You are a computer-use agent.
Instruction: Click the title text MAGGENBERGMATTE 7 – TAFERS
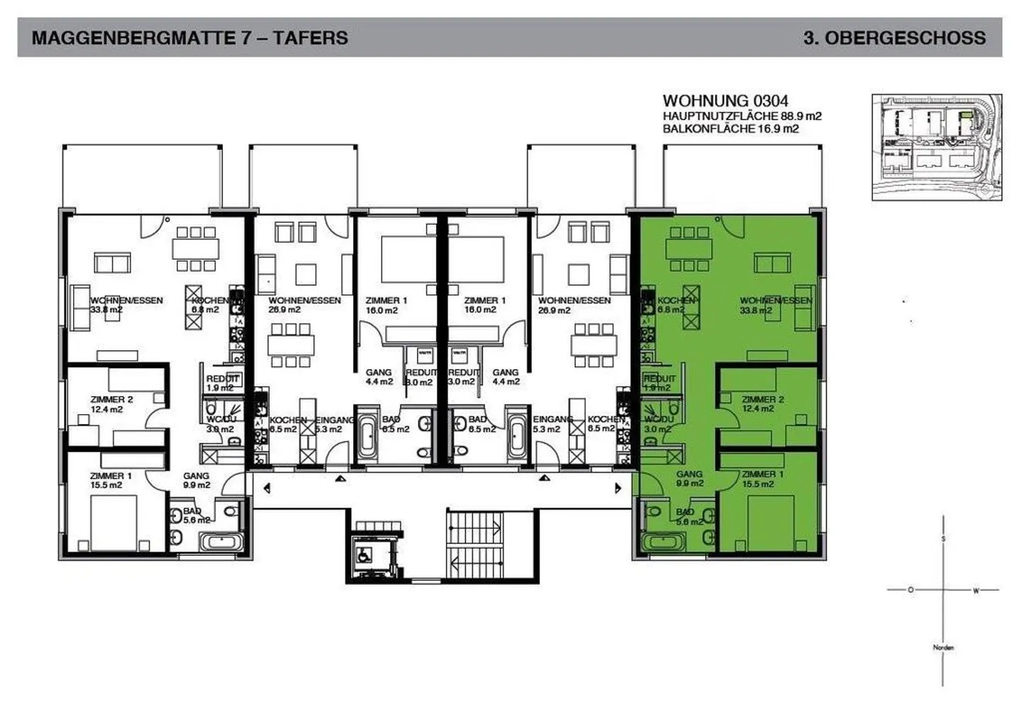click(x=189, y=38)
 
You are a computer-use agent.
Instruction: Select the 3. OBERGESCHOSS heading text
click(x=894, y=38)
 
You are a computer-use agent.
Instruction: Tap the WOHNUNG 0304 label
click(x=725, y=101)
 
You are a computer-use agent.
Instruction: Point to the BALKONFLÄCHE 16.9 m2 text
click(x=730, y=128)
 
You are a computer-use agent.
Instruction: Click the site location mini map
click(x=936, y=147)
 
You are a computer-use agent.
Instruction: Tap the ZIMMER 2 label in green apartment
click(x=762, y=403)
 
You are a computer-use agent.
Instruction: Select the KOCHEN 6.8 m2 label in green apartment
click(x=675, y=305)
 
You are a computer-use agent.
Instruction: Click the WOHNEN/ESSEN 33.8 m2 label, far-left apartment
click(x=125, y=305)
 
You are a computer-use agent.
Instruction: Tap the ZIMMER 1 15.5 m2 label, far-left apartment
click(x=111, y=480)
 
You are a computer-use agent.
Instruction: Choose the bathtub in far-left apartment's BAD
click(x=221, y=542)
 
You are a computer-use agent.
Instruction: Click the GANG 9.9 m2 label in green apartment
click(x=689, y=479)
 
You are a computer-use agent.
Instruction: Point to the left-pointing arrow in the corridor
click(x=267, y=488)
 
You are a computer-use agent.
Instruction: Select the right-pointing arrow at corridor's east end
click(x=618, y=488)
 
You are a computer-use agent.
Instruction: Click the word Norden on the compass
click(x=943, y=647)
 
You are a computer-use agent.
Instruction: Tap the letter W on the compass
click(x=976, y=590)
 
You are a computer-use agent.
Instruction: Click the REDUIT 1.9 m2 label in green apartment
click(x=659, y=383)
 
